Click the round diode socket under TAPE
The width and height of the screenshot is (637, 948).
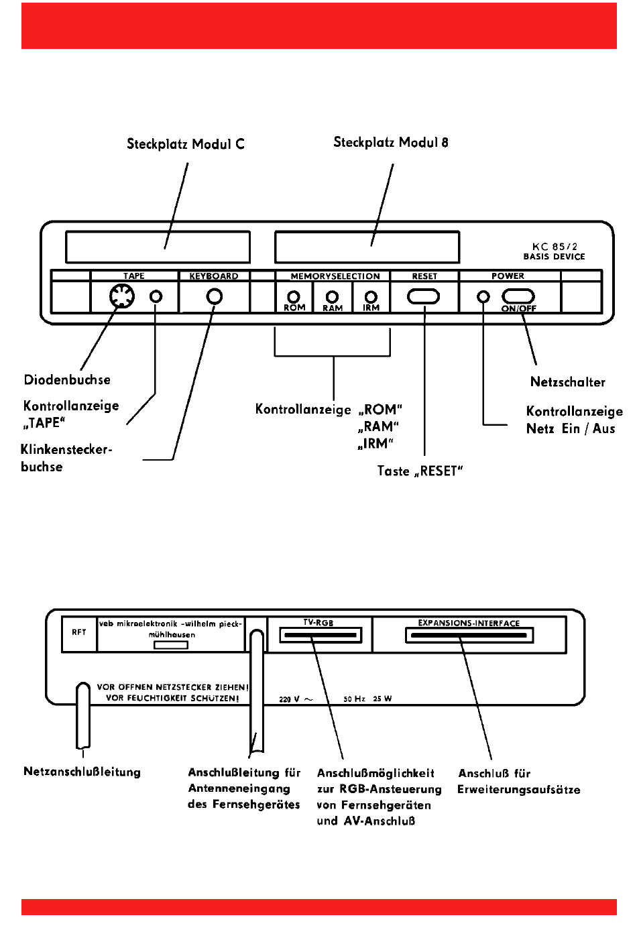click(122, 296)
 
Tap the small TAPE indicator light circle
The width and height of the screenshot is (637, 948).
click(156, 296)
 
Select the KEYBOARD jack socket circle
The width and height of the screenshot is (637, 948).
click(214, 297)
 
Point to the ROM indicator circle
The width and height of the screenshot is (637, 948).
click(293, 297)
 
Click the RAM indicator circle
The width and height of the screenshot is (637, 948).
click(333, 297)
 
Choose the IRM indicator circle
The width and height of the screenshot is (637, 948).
click(371, 297)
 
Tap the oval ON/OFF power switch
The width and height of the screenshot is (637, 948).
click(518, 296)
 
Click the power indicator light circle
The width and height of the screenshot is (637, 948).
click(483, 297)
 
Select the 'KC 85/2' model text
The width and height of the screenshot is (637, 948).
click(555, 246)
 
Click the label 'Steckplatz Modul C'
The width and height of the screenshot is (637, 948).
click(186, 144)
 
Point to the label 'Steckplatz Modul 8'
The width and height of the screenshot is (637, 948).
click(391, 142)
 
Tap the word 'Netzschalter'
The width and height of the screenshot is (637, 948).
click(567, 381)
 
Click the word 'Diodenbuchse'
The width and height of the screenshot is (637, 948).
click(67, 379)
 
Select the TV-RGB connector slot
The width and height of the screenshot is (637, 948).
click(321, 636)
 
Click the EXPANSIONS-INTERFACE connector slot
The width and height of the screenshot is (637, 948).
click(469, 636)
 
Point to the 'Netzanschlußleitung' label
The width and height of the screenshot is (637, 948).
click(82, 772)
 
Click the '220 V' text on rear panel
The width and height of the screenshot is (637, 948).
click(290, 699)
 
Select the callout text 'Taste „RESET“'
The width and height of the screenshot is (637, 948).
click(420, 471)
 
